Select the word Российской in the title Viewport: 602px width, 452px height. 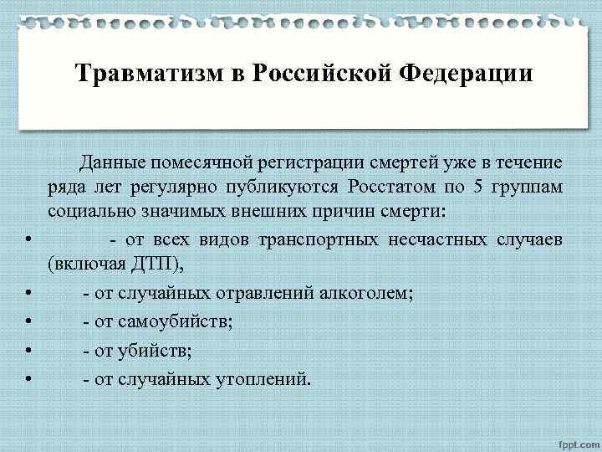point(317,74)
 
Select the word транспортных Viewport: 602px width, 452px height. point(319,240)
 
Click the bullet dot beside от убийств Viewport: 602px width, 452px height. point(29,351)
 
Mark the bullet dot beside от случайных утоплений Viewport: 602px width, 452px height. point(29,379)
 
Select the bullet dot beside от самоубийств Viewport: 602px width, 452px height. point(29,321)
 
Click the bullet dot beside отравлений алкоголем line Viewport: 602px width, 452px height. point(29,293)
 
